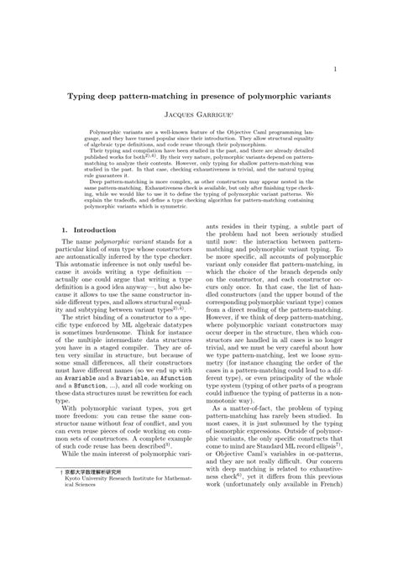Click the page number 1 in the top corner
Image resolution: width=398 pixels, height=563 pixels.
click(336, 69)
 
